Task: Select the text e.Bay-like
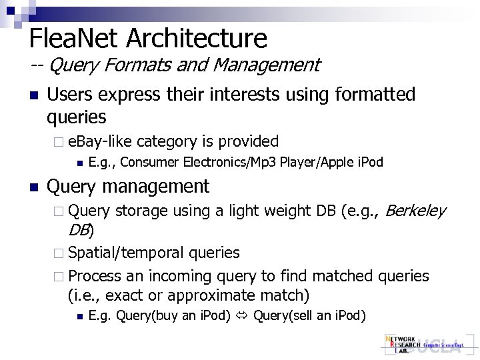point(100,141)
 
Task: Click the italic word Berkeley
point(415,212)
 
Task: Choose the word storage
point(141,212)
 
